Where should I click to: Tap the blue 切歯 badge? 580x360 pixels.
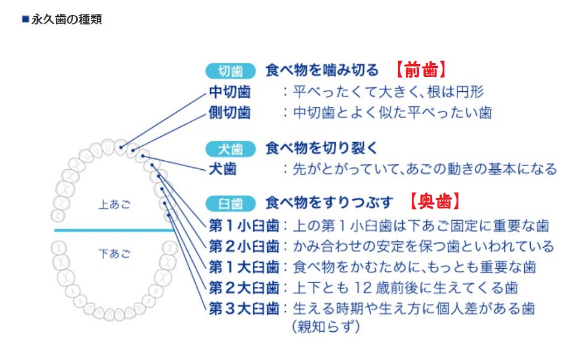point(231,71)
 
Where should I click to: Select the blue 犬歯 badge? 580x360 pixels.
point(231,148)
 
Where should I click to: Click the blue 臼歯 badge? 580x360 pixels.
point(231,202)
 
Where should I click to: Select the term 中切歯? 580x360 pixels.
point(229,92)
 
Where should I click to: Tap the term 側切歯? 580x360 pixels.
point(229,112)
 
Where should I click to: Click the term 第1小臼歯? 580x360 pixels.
point(244,226)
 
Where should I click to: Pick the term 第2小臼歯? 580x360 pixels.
point(244,246)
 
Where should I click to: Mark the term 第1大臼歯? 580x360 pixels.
point(244,266)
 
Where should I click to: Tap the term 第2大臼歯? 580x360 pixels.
point(244,287)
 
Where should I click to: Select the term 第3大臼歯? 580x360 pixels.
point(244,308)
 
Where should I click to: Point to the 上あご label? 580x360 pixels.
point(114,205)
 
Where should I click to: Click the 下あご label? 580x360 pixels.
point(114,254)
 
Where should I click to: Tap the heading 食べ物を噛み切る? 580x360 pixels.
point(322,70)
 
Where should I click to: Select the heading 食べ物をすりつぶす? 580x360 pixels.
point(329,202)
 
